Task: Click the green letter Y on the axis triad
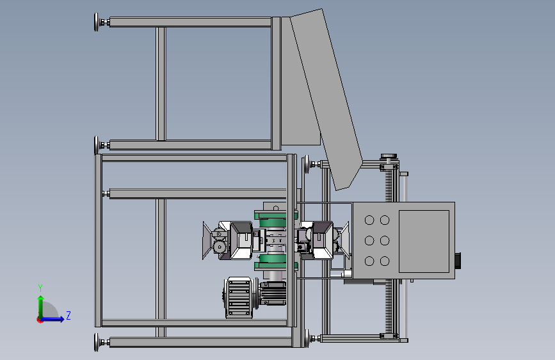pos(40,288)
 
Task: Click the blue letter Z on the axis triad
pos(68,315)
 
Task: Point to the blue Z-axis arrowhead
pos(61,319)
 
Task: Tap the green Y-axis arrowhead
pos(41,298)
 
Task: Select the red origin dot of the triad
pos(40,320)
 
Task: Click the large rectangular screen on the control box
pos(424,241)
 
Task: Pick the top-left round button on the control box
pos(369,220)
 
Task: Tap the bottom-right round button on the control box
pos(385,261)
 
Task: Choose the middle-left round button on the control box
pos(369,241)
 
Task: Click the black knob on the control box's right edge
pos(458,261)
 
